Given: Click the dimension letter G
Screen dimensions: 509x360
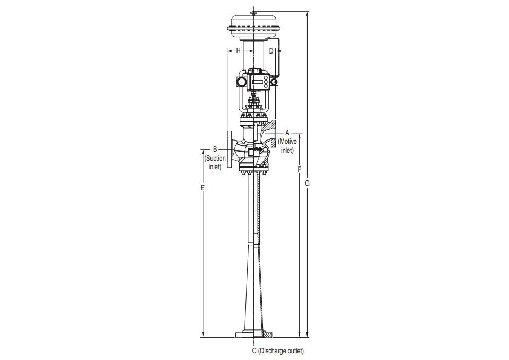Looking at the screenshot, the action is tap(307, 183).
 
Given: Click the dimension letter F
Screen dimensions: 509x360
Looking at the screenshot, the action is tap(299, 170).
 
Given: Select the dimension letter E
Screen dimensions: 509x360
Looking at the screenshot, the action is tap(203, 188).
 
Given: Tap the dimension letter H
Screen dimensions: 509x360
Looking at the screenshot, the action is tap(238, 51).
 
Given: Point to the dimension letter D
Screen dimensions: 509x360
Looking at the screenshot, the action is tap(271, 51).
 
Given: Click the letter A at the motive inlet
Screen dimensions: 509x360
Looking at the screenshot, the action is tap(287, 133).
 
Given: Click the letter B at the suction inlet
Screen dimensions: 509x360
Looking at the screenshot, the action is tap(215, 150).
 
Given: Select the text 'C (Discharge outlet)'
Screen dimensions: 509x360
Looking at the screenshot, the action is tap(278, 351).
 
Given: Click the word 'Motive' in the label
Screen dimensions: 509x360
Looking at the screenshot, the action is tap(288, 142).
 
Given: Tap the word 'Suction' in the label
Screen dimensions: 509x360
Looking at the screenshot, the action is tap(215, 159).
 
